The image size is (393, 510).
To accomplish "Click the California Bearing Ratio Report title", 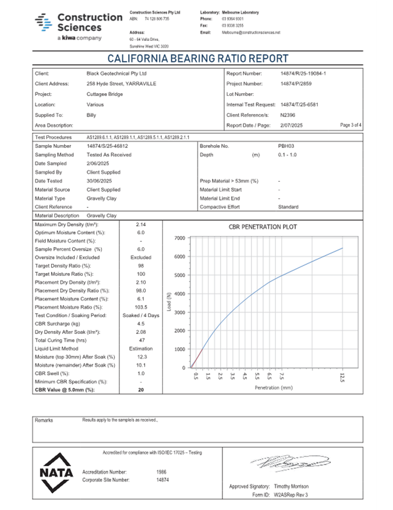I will [198, 59].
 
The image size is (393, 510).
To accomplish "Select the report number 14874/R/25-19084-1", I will [303, 74].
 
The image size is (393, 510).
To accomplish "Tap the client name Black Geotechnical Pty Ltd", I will [116, 74].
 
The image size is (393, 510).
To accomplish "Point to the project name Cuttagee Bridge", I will [105, 94].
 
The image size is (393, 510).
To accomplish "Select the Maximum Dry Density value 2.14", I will [141, 224].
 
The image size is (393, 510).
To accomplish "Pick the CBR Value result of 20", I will [141, 389].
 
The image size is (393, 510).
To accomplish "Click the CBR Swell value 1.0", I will [141, 373].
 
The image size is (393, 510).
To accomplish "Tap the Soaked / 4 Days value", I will [141, 315].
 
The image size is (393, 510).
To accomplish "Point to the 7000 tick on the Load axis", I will [179, 238].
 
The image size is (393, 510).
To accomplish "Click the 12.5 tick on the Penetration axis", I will [342, 378].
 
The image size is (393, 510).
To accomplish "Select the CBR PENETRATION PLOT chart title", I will [263, 227].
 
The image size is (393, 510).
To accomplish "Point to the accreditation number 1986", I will [162, 471].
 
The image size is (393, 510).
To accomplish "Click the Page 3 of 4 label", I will [351, 125].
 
